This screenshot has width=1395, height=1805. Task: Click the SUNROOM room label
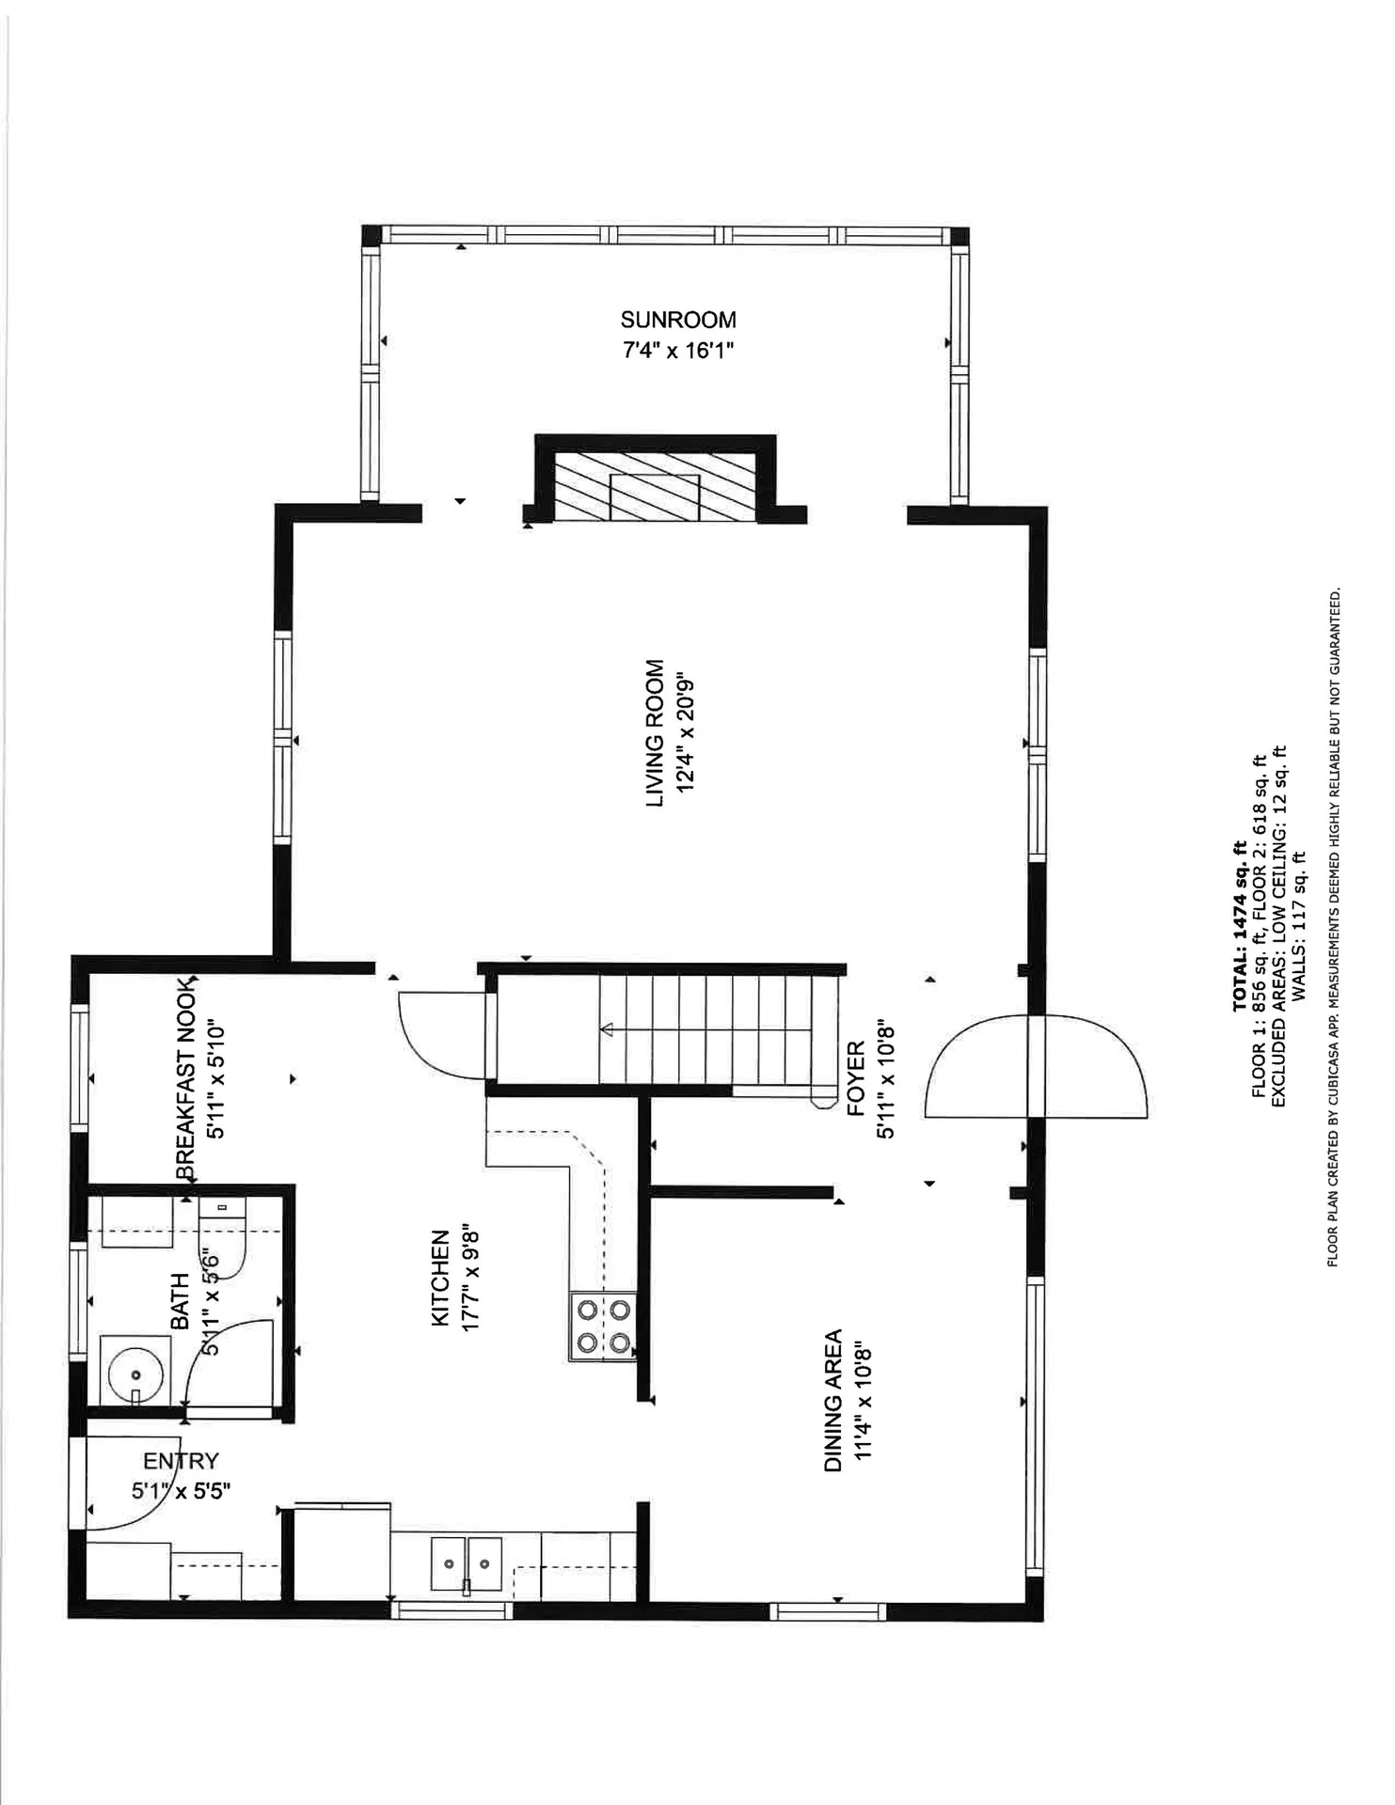[677, 320]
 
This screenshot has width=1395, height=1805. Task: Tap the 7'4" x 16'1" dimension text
[677, 351]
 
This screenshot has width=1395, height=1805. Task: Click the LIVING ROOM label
[655, 732]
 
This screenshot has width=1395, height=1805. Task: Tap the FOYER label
[856, 1078]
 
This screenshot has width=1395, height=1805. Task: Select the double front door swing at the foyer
[1035, 1066]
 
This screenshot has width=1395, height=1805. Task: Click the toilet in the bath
[224, 1239]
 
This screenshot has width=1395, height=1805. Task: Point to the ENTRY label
[181, 1461]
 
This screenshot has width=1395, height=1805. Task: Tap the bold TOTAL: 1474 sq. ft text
[1240, 926]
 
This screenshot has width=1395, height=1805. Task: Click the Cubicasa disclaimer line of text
[1333, 926]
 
